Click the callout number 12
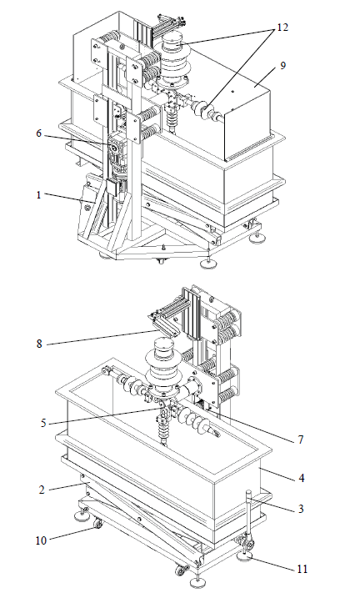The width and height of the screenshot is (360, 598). point(282,28)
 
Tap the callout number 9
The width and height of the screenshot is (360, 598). point(282,66)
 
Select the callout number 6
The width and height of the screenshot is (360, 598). point(39,133)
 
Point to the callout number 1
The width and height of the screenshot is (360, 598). point(38,195)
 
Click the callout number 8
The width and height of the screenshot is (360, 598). point(39,344)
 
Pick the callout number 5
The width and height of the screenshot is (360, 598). point(43,423)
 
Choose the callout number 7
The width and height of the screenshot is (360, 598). point(301,440)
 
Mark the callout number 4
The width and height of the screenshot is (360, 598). point(302,478)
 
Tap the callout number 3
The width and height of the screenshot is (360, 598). point(301,509)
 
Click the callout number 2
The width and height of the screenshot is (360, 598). point(42,490)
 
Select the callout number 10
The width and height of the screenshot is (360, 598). point(41,540)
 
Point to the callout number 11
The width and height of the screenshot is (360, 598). point(302,569)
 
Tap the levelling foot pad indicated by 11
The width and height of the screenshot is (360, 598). point(247,556)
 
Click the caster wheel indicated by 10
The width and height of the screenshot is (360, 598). point(98,525)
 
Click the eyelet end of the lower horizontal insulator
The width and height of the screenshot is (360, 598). point(215,433)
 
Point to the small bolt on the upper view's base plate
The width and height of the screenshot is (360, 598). point(163,248)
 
